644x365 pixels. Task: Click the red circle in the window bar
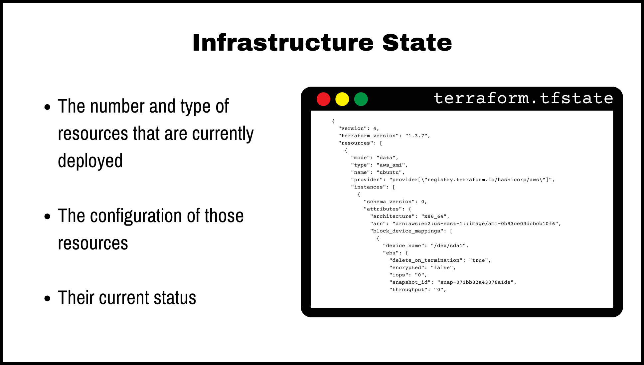[x=323, y=99]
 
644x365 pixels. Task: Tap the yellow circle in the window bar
[x=342, y=99]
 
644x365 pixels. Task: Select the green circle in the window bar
[x=361, y=99]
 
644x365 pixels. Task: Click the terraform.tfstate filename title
[x=523, y=98]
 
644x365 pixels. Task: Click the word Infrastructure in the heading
[x=283, y=43]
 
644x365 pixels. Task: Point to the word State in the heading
[x=417, y=43]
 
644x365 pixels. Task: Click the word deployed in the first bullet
[x=90, y=161]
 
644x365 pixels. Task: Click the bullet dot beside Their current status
[x=47, y=298]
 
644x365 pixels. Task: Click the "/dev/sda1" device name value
[x=448, y=246]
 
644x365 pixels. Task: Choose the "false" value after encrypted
[x=441, y=268]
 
